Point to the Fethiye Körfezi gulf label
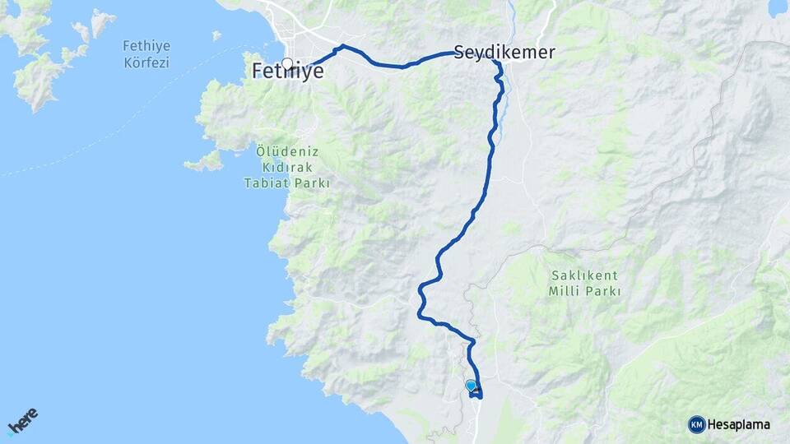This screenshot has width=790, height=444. tap(146, 53)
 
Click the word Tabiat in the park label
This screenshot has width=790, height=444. tap(265, 183)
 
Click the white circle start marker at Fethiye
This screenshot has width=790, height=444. tap(286, 63)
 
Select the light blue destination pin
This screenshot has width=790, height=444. tap(471, 385)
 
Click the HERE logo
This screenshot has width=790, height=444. tap(22, 421)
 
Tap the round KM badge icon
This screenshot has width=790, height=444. tap(696, 424)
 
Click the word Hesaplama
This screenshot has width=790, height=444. tap(739, 424)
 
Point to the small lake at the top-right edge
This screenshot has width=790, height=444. tap(777, 8)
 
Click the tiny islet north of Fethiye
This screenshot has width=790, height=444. tap(216, 35)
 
